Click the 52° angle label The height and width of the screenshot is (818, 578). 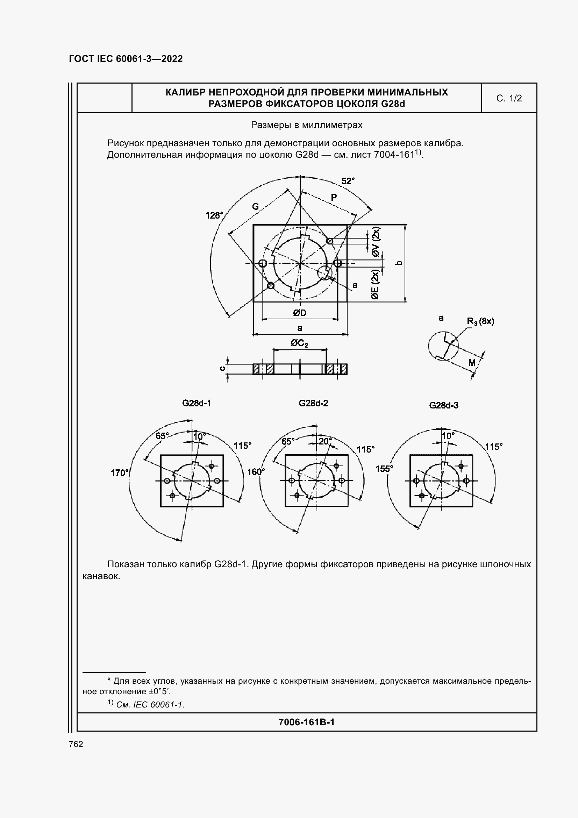(348, 181)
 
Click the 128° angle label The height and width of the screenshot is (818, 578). (214, 215)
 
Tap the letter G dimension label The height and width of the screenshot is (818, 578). (255, 206)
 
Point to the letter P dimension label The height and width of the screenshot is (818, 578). (334, 197)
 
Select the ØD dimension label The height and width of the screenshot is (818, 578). (300, 313)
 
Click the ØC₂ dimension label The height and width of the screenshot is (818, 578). (300, 343)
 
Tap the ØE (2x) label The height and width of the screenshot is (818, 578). (375, 284)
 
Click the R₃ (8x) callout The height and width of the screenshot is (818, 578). (480, 321)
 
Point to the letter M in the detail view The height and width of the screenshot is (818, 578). (472, 363)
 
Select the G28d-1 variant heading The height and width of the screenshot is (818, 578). (197, 403)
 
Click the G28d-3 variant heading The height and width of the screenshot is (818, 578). (444, 405)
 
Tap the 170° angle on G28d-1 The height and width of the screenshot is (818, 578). (119, 473)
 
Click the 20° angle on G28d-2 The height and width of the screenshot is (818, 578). (325, 441)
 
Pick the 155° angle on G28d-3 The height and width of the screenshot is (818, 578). (384, 469)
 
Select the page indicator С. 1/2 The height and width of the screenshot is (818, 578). (509, 98)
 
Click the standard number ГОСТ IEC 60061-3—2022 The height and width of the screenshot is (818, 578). (126, 59)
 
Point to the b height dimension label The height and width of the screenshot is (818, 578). (400, 263)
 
